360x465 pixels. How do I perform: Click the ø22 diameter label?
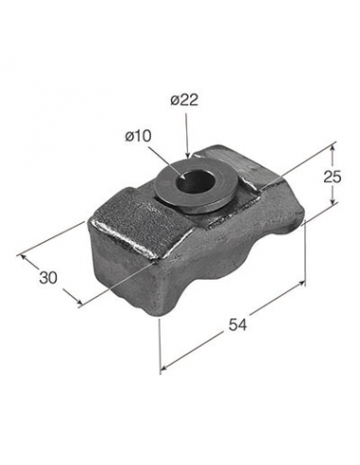tap(184, 100)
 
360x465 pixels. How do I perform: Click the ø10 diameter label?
tap(138, 136)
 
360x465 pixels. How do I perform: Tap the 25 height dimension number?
tap(332, 177)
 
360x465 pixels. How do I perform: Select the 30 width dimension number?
tap(48, 278)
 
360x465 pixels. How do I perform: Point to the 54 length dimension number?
tap(237, 324)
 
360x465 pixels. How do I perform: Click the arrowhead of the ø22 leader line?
tap(188, 155)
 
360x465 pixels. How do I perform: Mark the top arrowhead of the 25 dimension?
tap(332, 147)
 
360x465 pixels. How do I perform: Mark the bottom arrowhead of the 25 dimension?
tap(332, 202)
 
